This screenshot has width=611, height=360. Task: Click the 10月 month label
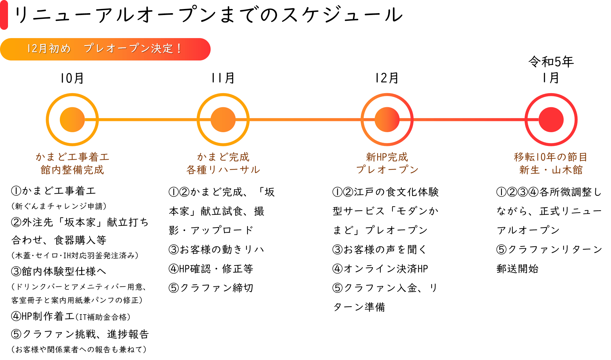click(x=72, y=78)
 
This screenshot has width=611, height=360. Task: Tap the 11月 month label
click(x=223, y=78)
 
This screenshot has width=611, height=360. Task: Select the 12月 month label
click(x=387, y=78)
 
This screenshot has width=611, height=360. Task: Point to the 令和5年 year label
click(x=551, y=61)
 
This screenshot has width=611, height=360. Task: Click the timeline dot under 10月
click(x=72, y=120)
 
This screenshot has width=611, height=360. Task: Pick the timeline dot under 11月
click(x=223, y=120)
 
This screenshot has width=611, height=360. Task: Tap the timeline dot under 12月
click(x=387, y=120)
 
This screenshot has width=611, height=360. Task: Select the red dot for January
click(x=551, y=120)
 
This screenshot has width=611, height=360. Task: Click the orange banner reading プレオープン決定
click(x=105, y=49)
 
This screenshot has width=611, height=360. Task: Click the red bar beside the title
click(x=4, y=15)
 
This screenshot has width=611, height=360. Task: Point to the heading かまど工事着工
click(x=73, y=157)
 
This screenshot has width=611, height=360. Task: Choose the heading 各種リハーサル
click(x=223, y=170)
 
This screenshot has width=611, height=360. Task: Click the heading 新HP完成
click(x=387, y=157)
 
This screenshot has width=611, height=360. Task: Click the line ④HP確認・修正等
click(x=211, y=268)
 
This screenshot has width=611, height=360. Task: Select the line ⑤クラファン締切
click(x=211, y=288)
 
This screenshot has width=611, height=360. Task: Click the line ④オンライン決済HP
click(x=380, y=268)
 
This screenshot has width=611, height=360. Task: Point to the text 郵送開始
click(x=518, y=268)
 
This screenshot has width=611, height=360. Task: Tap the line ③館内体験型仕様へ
click(x=59, y=271)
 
